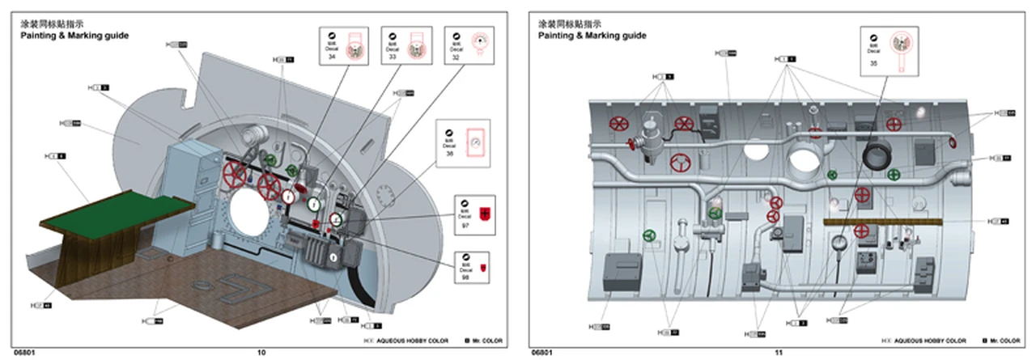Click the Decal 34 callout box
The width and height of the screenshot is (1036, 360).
click(x=343, y=46)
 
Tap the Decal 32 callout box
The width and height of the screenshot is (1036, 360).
click(x=467, y=46)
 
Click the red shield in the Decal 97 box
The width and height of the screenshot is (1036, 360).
click(x=485, y=214)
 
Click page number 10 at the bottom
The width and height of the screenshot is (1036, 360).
click(x=261, y=353)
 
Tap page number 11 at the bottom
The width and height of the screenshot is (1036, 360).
click(x=779, y=353)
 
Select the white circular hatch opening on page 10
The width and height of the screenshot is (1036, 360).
click(x=250, y=215)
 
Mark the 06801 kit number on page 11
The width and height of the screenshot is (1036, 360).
click(x=542, y=353)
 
